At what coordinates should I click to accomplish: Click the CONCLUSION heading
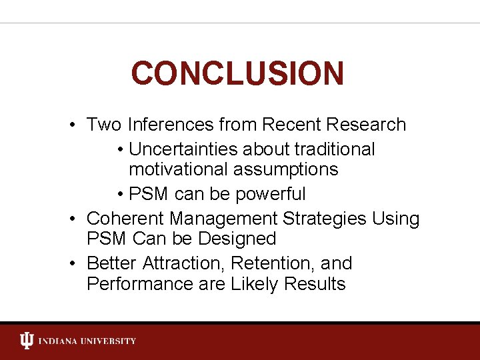(x=237, y=73)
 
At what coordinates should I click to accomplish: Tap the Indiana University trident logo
(x=26, y=341)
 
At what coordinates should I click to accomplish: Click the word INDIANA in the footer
(x=60, y=341)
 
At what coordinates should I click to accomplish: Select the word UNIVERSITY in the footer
(x=110, y=341)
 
